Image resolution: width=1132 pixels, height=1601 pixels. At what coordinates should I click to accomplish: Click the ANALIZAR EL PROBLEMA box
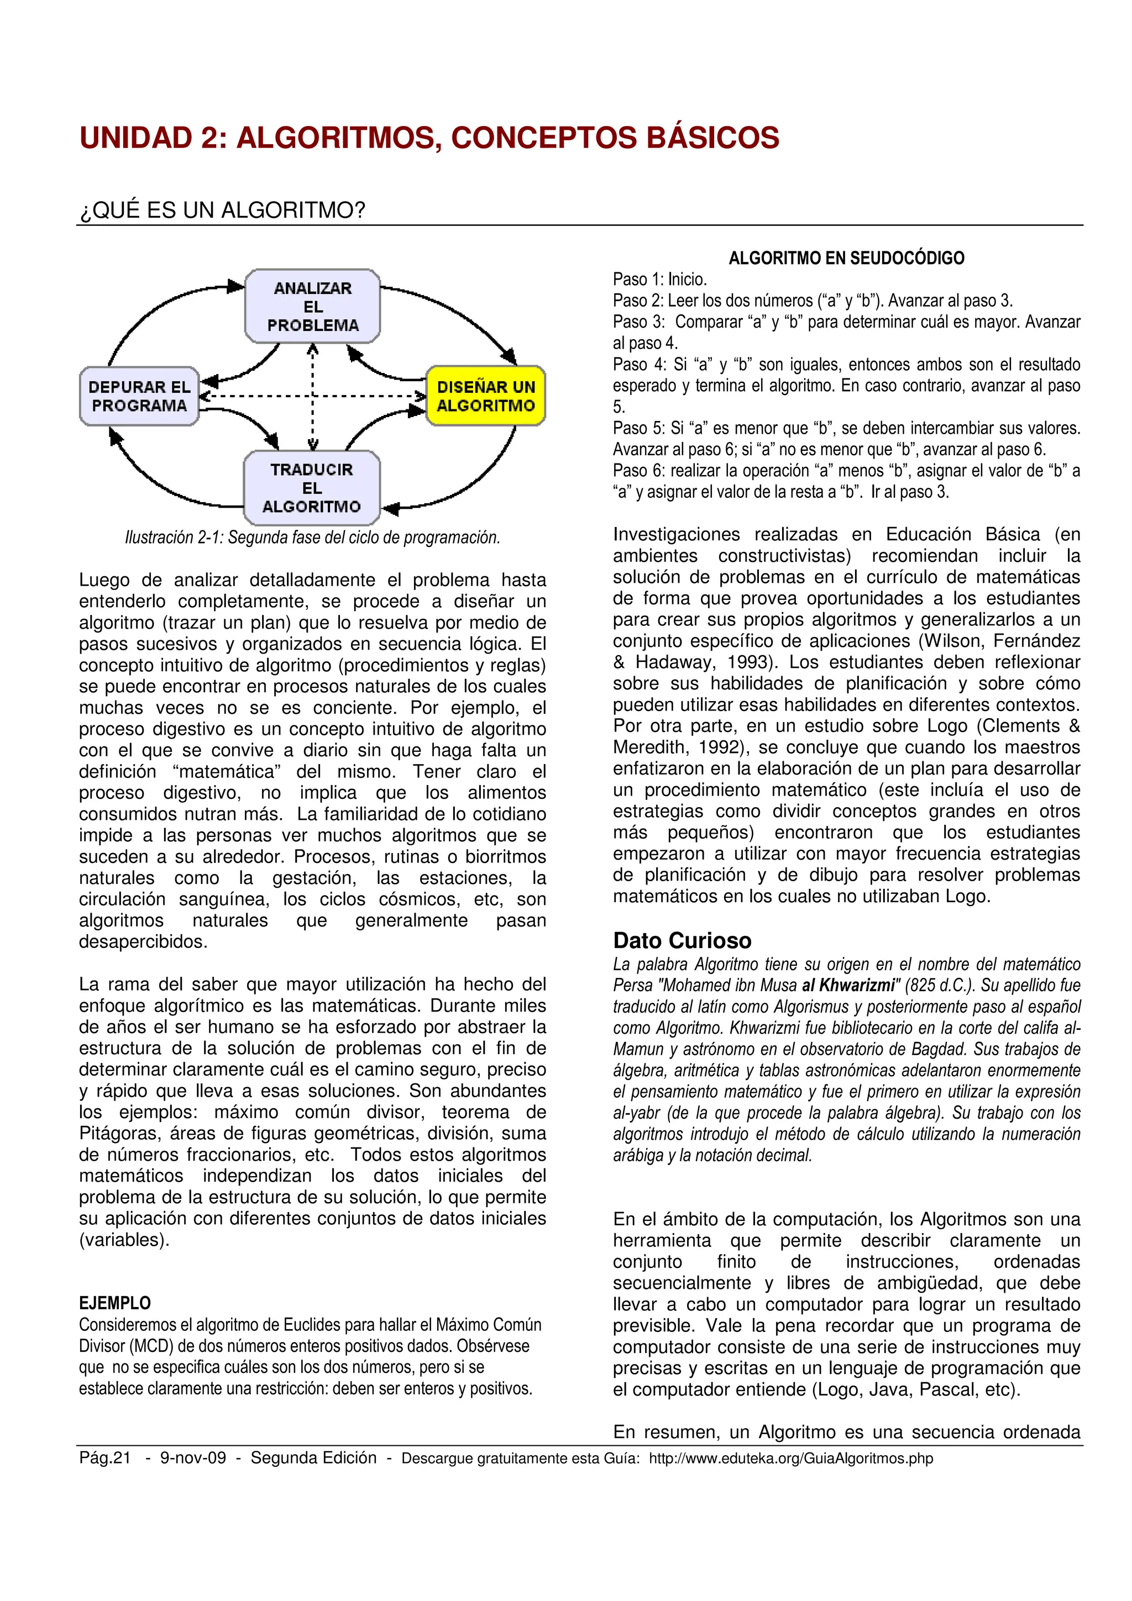[x=312, y=307]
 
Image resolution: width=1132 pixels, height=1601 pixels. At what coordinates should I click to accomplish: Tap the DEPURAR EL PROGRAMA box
[x=139, y=396]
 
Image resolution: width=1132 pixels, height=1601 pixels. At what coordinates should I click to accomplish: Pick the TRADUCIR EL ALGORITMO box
[x=311, y=488]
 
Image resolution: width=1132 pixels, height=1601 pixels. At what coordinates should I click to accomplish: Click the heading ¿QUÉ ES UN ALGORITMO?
[x=222, y=210]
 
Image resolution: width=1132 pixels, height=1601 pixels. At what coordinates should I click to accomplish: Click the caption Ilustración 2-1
[x=312, y=538]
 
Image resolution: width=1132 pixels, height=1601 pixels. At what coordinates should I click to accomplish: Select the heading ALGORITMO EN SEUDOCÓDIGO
[x=846, y=259]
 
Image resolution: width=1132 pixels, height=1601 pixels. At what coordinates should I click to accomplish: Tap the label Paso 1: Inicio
[x=659, y=280]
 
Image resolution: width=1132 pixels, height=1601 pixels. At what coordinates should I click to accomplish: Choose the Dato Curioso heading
[x=682, y=941]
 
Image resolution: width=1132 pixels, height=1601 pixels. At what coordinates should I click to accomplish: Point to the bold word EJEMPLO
[x=114, y=1303]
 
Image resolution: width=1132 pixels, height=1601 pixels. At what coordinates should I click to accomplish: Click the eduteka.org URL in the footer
[x=790, y=1458]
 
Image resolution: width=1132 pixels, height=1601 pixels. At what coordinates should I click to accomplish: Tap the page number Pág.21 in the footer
[x=104, y=1458]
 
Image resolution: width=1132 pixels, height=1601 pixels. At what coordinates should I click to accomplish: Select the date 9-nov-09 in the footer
[x=193, y=1458]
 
